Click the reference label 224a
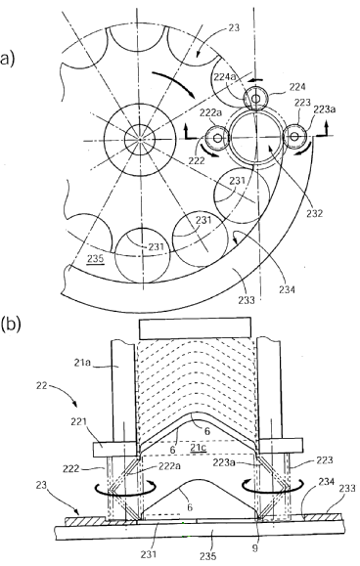tap(224, 76)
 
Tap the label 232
tap(314, 213)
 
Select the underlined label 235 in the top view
tap(95, 258)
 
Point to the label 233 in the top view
tap(247, 299)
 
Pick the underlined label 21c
tap(198, 448)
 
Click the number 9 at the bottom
tap(255, 548)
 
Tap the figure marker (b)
tap(11, 324)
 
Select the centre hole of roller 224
tap(256, 98)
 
